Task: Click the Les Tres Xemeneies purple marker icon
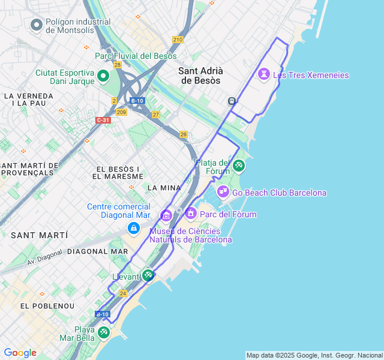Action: tap(263, 74)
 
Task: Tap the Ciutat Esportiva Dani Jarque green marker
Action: tap(103, 76)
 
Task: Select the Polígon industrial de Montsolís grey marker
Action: tap(37, 25)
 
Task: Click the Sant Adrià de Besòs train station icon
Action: tap(232, 101)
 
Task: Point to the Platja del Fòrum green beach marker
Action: tap(239, 165)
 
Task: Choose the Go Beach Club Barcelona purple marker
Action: tap(223, 192)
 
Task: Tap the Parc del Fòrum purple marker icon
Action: tap(191, 213)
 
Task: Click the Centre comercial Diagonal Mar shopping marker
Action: tap(133, 229)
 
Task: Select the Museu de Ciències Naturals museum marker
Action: tap(166, 215)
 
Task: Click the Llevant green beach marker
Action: tap(148, 275)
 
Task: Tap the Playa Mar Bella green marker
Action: tap(104, 332)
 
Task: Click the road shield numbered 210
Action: tap(178, 40)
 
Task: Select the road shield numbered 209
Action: tap(122, 112)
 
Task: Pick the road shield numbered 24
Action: tap(122, 293)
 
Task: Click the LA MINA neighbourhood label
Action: tap(160, 188)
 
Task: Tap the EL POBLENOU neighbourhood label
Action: tap(47, 306)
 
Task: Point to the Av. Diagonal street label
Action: tap(44, 258)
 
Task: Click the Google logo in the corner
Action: tap(20, 353)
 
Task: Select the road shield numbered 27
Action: tap(156, 115)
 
